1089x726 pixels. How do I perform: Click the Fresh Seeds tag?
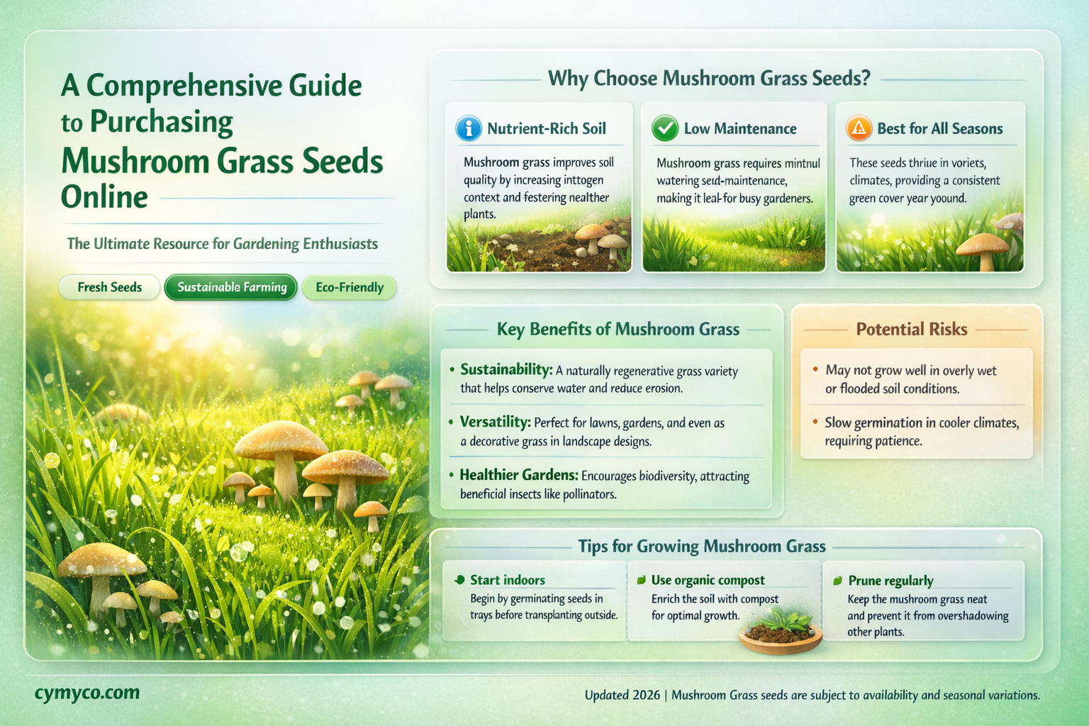(x=109, y=287)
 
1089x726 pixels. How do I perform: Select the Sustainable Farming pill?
(x=231, y=287)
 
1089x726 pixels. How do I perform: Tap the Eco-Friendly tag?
(x=349, y=287)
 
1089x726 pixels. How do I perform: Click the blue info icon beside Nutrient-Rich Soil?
(x=469, y=128)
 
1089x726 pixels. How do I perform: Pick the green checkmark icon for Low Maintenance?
(x=665, y=128)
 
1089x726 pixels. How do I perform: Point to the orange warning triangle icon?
(x=859, y=128)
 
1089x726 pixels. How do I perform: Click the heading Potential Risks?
(x=911, y=329)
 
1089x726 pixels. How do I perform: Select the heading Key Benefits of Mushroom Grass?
(x=618, y=329)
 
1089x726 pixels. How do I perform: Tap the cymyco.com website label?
(x=87, y=693)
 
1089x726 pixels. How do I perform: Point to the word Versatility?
(x=495, y=422)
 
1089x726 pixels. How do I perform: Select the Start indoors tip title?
(x=508, y=580)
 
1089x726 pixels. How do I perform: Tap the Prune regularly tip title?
(x=890, y=581)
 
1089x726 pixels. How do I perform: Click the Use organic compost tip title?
(x=708, y=580)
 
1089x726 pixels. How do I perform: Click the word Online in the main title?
(x=104, y=197)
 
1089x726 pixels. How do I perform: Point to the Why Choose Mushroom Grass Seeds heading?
(x=709, y=78)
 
